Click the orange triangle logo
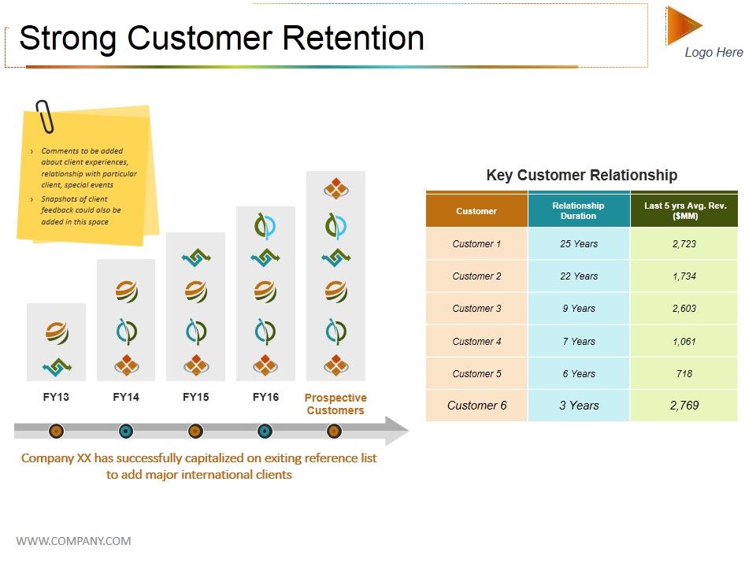pos(681,25)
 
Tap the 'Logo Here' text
pos(713,53)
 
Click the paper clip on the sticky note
pos(45,117)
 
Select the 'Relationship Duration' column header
pos(578,210)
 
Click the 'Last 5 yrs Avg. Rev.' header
pos(684,210)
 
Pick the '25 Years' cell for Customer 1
pos(578,244)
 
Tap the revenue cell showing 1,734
pos(684,276)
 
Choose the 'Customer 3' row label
pos(476,309)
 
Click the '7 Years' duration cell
pos(578,342)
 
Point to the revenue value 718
pos(684,374)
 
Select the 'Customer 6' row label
pos(476,406)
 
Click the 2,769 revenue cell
pos(684,406)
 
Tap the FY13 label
pos(56,397)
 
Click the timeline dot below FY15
pos(195,431)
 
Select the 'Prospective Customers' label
pos(335,404)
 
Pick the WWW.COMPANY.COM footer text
pos(73,541)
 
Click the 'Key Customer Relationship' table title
pos(581,176)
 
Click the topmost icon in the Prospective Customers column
pos(335,188)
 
